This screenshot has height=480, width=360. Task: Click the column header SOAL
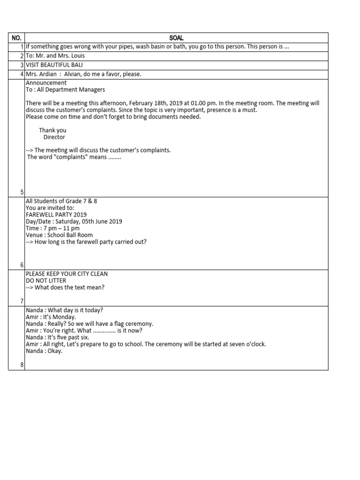[176, 37]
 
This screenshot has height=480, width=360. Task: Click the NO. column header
[16, 37]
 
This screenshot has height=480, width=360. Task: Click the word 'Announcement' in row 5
[46, 83]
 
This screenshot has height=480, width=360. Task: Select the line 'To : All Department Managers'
[65, 90]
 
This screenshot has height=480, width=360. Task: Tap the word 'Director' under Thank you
[54, 137]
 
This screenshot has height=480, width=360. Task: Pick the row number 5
[22, 192]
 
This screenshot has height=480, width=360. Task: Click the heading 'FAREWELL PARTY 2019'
[56, 215]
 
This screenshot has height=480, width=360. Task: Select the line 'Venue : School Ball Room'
[59, 235]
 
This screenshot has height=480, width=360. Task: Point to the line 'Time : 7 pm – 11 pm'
[52, 228]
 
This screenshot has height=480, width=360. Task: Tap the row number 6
[22, 265]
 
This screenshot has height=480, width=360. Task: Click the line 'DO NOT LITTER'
[46, 280]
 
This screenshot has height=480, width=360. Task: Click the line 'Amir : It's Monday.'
[51, 317]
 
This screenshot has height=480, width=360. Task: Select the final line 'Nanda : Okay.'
[44, 351]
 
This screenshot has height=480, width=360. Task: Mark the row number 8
[22, 365]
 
